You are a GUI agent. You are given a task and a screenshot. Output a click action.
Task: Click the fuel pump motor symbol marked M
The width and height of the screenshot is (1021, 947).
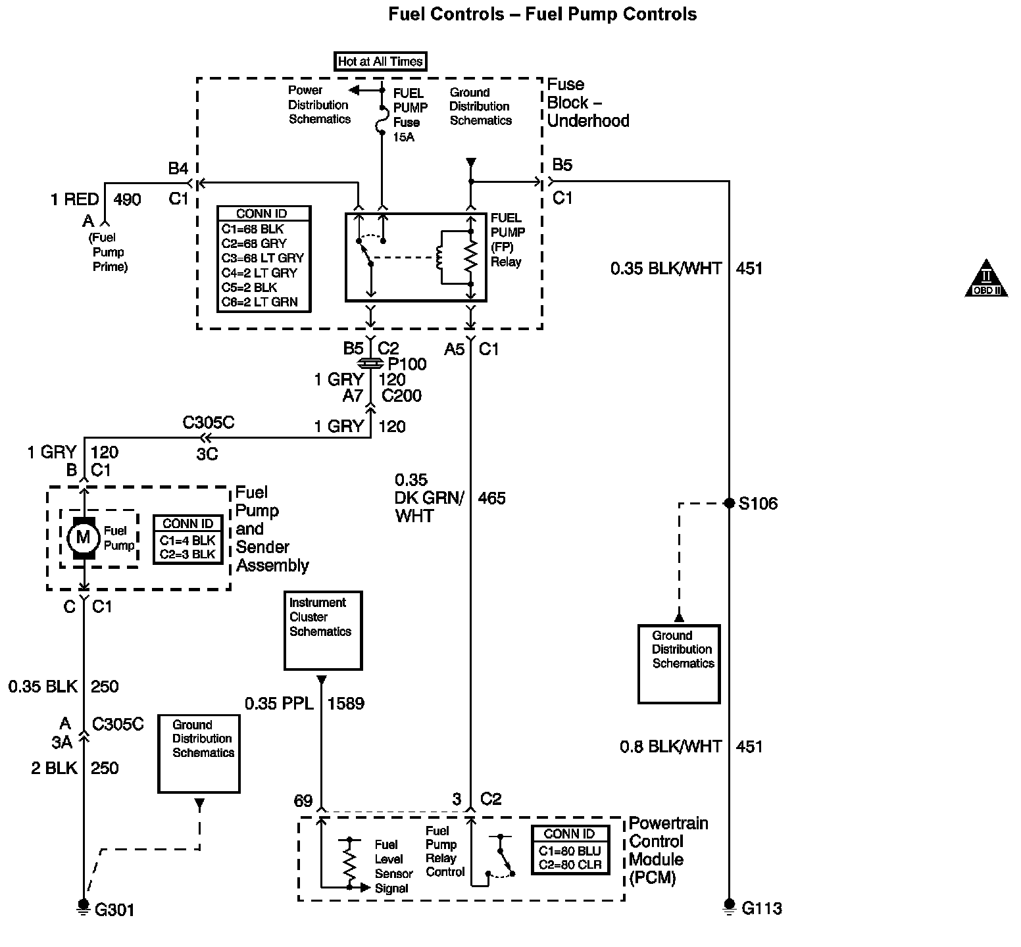(83, 537)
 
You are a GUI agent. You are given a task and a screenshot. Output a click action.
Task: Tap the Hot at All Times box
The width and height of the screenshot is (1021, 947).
(380, 62)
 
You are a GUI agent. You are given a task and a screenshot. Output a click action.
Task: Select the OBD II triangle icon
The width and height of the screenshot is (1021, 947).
(985, 279)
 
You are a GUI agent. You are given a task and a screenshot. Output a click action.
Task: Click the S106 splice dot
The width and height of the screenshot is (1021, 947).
(729, 503)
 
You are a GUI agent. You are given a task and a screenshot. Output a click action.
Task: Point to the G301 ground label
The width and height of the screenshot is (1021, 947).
(114, 910)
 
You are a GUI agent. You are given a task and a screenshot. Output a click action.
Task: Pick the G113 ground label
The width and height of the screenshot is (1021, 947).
(762, 909)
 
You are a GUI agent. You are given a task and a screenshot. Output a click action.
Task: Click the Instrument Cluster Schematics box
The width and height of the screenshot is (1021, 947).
(322, 630)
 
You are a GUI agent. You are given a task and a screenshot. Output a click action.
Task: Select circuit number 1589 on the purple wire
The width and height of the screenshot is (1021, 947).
(345, 704)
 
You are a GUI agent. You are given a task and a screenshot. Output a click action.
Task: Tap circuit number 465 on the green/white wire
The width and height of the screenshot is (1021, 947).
(491, 498)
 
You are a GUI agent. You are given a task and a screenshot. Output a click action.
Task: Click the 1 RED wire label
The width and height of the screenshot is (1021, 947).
(74, 199)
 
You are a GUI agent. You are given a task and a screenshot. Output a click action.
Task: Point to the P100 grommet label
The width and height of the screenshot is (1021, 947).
(407, 364)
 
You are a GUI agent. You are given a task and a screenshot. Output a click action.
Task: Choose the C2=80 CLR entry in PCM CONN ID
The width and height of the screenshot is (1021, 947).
(570, 865)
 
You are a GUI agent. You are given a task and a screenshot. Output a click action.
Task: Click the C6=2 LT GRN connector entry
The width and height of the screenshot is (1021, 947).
(259, 303)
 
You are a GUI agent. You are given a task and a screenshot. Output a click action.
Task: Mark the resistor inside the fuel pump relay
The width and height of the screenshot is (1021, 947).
(470, 257)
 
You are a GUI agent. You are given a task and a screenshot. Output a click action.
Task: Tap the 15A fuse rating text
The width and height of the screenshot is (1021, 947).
(404, 137)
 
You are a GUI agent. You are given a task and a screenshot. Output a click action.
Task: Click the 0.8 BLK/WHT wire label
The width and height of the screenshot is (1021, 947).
(670, 746)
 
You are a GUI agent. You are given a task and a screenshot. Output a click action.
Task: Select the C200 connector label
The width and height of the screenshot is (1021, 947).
(401, 396)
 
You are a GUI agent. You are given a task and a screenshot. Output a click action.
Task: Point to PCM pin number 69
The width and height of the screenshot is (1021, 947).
(303, 800)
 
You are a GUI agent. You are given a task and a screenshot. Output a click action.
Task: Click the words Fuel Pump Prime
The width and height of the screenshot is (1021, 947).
(109, 252)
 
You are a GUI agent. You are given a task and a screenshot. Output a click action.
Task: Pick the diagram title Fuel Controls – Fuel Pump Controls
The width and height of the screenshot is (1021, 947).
(542, 14)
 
